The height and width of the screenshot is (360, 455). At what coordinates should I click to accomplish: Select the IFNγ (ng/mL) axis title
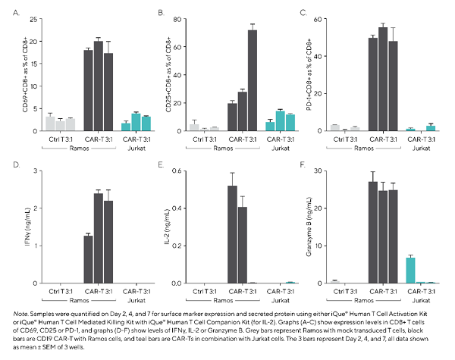point(27,227)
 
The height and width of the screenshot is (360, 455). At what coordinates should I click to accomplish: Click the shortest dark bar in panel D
point(88,259)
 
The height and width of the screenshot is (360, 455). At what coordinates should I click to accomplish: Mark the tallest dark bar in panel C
point(382,80)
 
